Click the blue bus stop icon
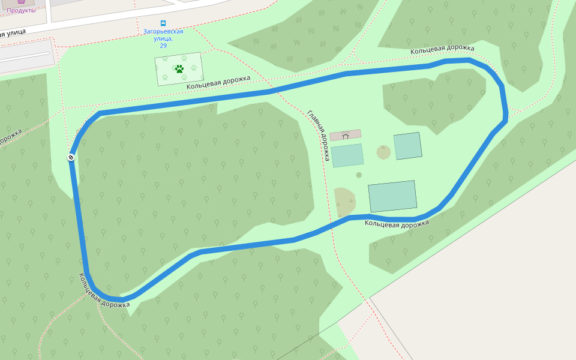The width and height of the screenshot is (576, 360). pos(163,23)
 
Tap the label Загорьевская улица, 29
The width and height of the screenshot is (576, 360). pos(163,38)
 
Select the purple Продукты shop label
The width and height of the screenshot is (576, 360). pos(21,10)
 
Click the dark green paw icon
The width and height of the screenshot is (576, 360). pos(179,68)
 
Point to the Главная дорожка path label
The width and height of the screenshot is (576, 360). pos(319,136)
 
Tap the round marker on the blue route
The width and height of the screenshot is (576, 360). pos(71,157)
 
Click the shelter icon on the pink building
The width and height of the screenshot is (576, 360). pos(345,136)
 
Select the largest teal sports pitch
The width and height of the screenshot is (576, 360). pos(392,196)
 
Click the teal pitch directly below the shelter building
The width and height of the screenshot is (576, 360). pos(347,155)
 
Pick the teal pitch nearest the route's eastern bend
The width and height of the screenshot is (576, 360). pos(407,146)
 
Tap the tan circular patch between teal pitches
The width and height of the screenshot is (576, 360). pos(383,152)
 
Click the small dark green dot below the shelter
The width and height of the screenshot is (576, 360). pos(359,175)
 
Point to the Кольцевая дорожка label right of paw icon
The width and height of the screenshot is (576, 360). pos(218,82)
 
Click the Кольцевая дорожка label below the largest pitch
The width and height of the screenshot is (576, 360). pos(397,224)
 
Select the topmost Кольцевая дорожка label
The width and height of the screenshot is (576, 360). pos(442,49)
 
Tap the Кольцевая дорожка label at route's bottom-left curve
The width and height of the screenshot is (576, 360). pos(104,291)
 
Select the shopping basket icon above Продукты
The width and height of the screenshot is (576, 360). pos(22,2)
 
